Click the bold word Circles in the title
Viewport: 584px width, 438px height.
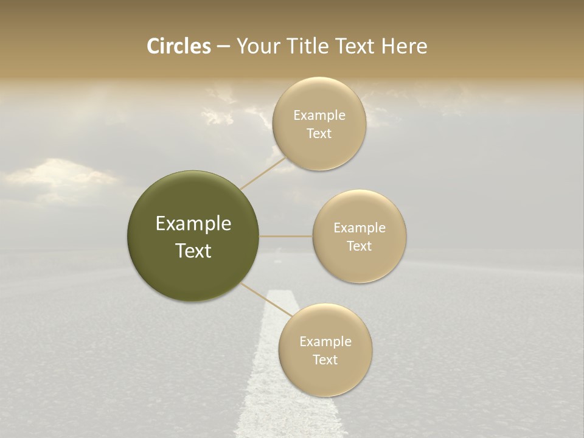(178, 46)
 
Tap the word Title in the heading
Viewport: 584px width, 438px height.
(307, 46)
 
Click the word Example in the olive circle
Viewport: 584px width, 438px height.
(193, 224)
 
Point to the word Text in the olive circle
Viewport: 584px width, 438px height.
(193, 251)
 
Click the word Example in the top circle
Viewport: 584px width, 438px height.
(319, 116)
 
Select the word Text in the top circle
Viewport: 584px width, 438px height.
(319, 134)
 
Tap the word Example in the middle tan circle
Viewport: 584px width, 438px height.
(360, 228)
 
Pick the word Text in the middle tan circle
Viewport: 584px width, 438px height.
(360, 246)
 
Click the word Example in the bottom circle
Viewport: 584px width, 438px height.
(325, 342)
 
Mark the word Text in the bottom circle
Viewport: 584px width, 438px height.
(325, 360)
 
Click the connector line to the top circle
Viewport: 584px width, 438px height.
(263, 173)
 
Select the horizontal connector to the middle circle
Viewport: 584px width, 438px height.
(286, 236)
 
